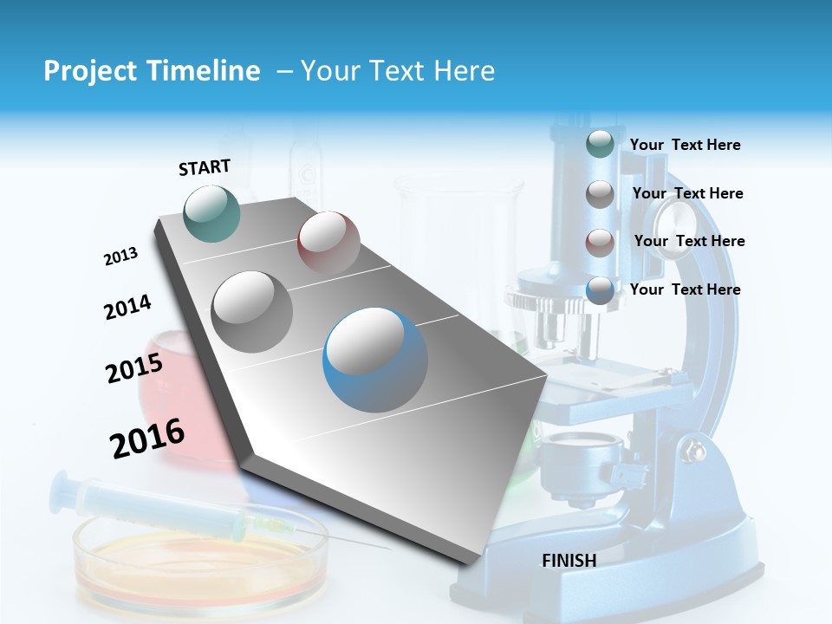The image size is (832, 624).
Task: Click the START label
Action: click(x=205, y=167)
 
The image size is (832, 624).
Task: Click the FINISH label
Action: click(x=569, y=561)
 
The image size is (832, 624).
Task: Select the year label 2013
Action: click(x=121, y=257)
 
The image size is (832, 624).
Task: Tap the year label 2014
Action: click(x=128, y=308)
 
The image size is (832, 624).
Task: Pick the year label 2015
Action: click(x=134, y=368)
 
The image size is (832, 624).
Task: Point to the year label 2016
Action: click(x=147, y=438)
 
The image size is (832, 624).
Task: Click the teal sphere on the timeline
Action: click(x=212, y=213)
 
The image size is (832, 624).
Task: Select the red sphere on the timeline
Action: click(x=328, y=242)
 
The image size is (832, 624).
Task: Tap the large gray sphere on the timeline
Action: click(x=252, y=311)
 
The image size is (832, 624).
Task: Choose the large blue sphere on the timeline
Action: click(x=375, y=361)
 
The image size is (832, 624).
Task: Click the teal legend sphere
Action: click(x=600, y=145)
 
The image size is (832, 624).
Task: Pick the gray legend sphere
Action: click(x=600, y=194)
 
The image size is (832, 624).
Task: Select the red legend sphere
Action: click(x=600, y=242)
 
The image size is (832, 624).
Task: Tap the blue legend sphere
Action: click(x=600, y=290)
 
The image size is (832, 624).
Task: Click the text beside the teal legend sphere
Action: click(x=685, y=145)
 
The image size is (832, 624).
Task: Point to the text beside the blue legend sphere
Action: click(x=685, y=289)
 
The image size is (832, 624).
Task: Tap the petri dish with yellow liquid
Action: click(x=201, y=555)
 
